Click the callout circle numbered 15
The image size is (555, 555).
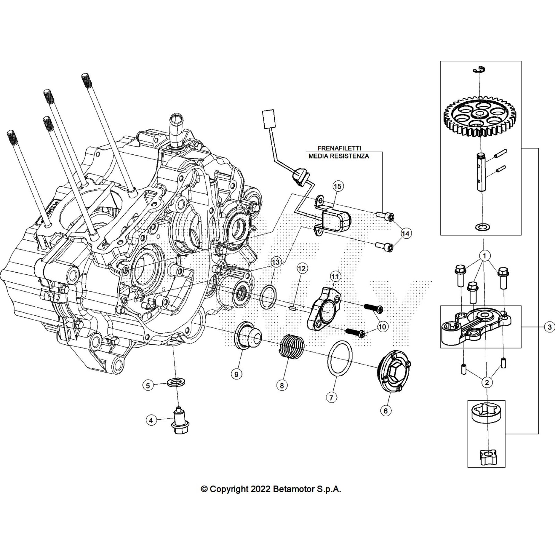point(337,186)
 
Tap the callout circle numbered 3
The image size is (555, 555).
point(549,327)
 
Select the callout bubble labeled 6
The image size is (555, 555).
point(385,411)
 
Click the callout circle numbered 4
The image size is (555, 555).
point(151,420)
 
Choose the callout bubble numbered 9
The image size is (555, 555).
point(236,374)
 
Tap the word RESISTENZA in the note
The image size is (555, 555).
point(351,156)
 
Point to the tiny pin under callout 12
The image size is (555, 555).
point(292,307)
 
